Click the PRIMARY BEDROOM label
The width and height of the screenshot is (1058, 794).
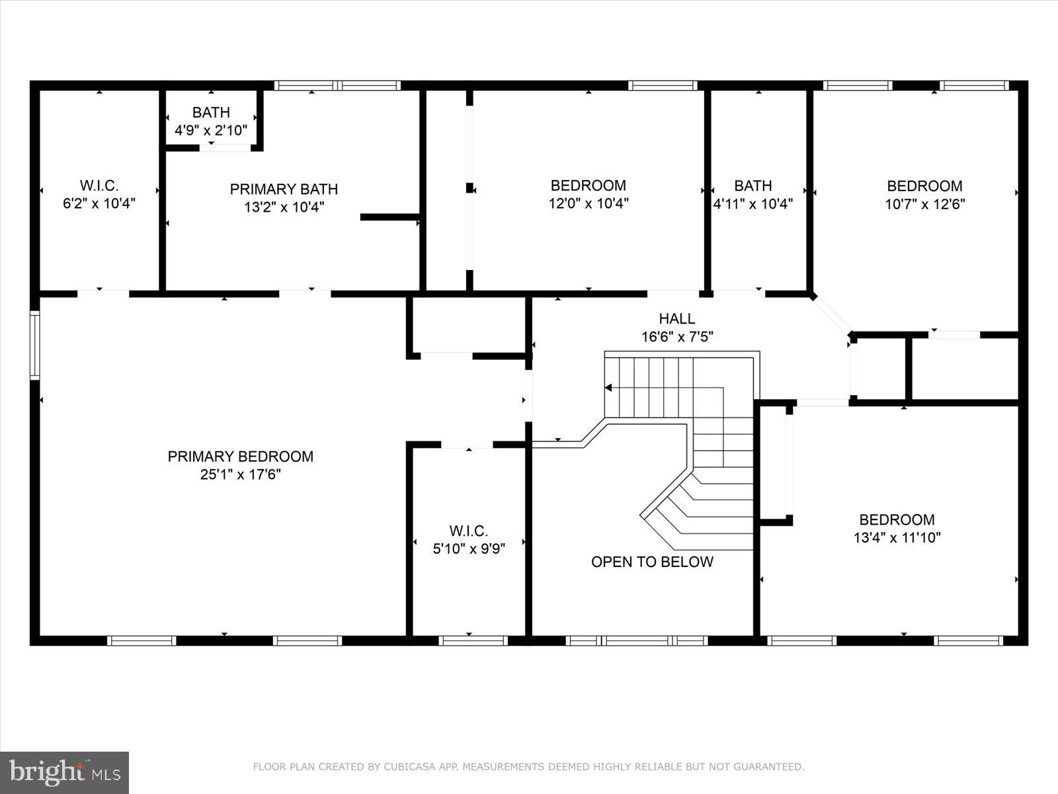(240, 457)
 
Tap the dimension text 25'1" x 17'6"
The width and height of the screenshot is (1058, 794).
(240, 474)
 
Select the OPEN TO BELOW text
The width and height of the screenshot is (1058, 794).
(652, 562)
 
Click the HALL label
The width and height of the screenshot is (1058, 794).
(676, 319)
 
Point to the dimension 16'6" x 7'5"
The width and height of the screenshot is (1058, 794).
(676, 337)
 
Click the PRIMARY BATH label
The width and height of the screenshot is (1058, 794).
(284, 189)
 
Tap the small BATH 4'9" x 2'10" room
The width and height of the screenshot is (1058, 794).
(211, 121)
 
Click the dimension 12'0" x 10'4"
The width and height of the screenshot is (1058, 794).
(588, 203)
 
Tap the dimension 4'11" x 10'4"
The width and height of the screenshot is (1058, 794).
(753, 204)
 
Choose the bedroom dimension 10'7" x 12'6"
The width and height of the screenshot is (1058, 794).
(924, 204)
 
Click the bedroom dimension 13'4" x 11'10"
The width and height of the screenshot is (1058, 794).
(897, 537)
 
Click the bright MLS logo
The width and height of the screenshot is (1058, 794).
(65, 772)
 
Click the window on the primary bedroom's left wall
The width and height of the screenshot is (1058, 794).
(35, 345)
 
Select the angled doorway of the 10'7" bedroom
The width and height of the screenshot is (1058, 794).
(831, 314)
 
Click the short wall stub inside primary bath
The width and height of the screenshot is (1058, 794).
(389, 217)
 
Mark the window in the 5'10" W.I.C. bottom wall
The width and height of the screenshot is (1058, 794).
(473, 640)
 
